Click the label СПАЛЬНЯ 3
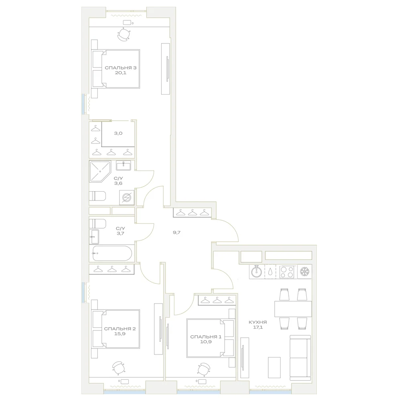pos(120,68)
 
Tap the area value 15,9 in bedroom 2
pos(120,334)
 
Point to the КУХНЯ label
pos(258,322)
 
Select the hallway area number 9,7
pos(177,233)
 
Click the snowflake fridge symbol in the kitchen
pos(305,271)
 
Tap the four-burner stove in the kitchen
pos(287,271)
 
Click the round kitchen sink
pos(256,271)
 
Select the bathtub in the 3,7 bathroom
pos(112,253)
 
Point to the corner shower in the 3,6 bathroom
pos(100,171)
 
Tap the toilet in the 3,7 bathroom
pos(97,223)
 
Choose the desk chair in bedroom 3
pos(124,34)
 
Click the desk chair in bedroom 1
pos(204,369)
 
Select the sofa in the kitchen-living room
pos(300,358)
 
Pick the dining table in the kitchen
pos(293,309)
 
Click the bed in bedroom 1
pos(211,338)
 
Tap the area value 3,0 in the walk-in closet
pos(118,133)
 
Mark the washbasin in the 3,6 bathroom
pos(124,166)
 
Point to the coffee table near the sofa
pos(274,367)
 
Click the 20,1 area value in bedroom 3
pos(121,73)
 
